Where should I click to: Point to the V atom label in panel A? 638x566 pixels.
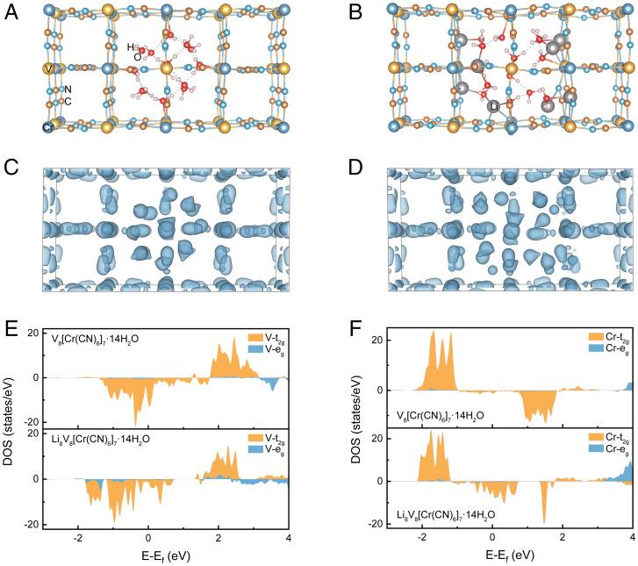point(47,68)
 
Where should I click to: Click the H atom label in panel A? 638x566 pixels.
point(130,47)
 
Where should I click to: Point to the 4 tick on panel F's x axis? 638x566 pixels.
point(631,536)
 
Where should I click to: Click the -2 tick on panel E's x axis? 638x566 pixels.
point(79,536)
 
